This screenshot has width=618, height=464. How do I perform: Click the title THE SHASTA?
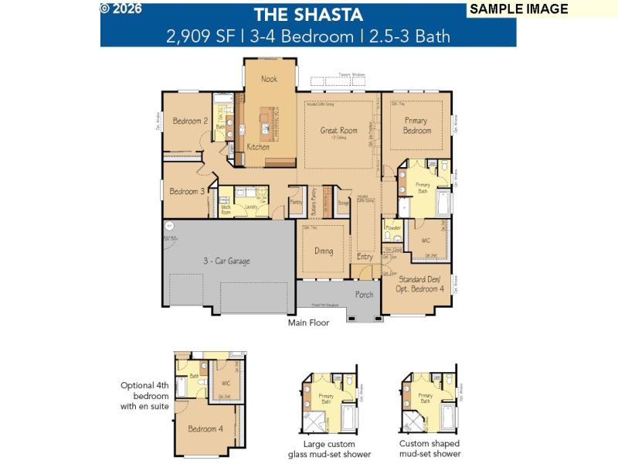point(308,14)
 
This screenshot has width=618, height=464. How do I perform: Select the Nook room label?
point(269,79)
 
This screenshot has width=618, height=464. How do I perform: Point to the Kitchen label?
point(258,147)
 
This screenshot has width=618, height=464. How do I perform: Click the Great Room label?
point(339,131)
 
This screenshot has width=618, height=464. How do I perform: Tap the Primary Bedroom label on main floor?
point(417,126)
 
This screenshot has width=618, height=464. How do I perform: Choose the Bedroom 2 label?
point(190,121)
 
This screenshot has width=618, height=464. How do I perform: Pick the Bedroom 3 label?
point(187,192)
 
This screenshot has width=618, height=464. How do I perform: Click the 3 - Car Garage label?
point(226,261)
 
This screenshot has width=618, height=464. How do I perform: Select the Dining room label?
point(324,251)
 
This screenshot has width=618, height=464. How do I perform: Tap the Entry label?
point(365,257)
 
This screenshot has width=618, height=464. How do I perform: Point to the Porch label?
point(364,295)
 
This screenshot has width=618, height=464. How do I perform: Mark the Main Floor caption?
point(308,323)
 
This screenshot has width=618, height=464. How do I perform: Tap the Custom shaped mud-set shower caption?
point(429,449)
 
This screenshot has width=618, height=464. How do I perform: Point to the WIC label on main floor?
point(426,241)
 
